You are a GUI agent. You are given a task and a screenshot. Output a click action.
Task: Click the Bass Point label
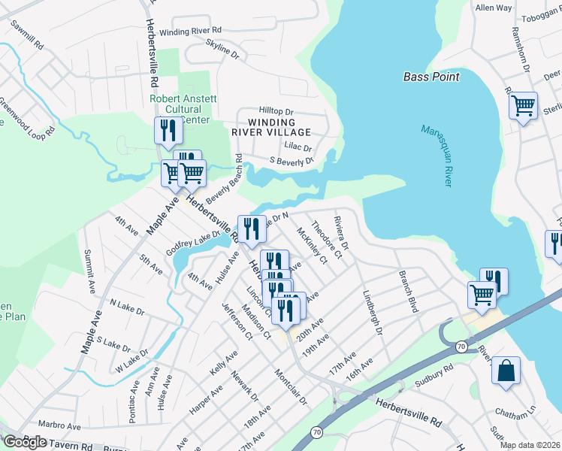[x=431, y=77]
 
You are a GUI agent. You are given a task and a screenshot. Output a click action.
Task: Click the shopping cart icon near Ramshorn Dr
[x=523, y=106]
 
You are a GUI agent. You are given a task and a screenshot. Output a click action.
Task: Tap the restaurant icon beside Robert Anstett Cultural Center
[x=166, y=131]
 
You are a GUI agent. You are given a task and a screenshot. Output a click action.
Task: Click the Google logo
[x=25, y=441]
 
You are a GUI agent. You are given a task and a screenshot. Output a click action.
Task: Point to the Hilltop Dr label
[x=274, y=109]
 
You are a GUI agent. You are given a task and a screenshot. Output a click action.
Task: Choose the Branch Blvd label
[x=408, y=282]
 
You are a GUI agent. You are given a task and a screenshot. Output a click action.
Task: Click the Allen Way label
[x=494, y=8]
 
